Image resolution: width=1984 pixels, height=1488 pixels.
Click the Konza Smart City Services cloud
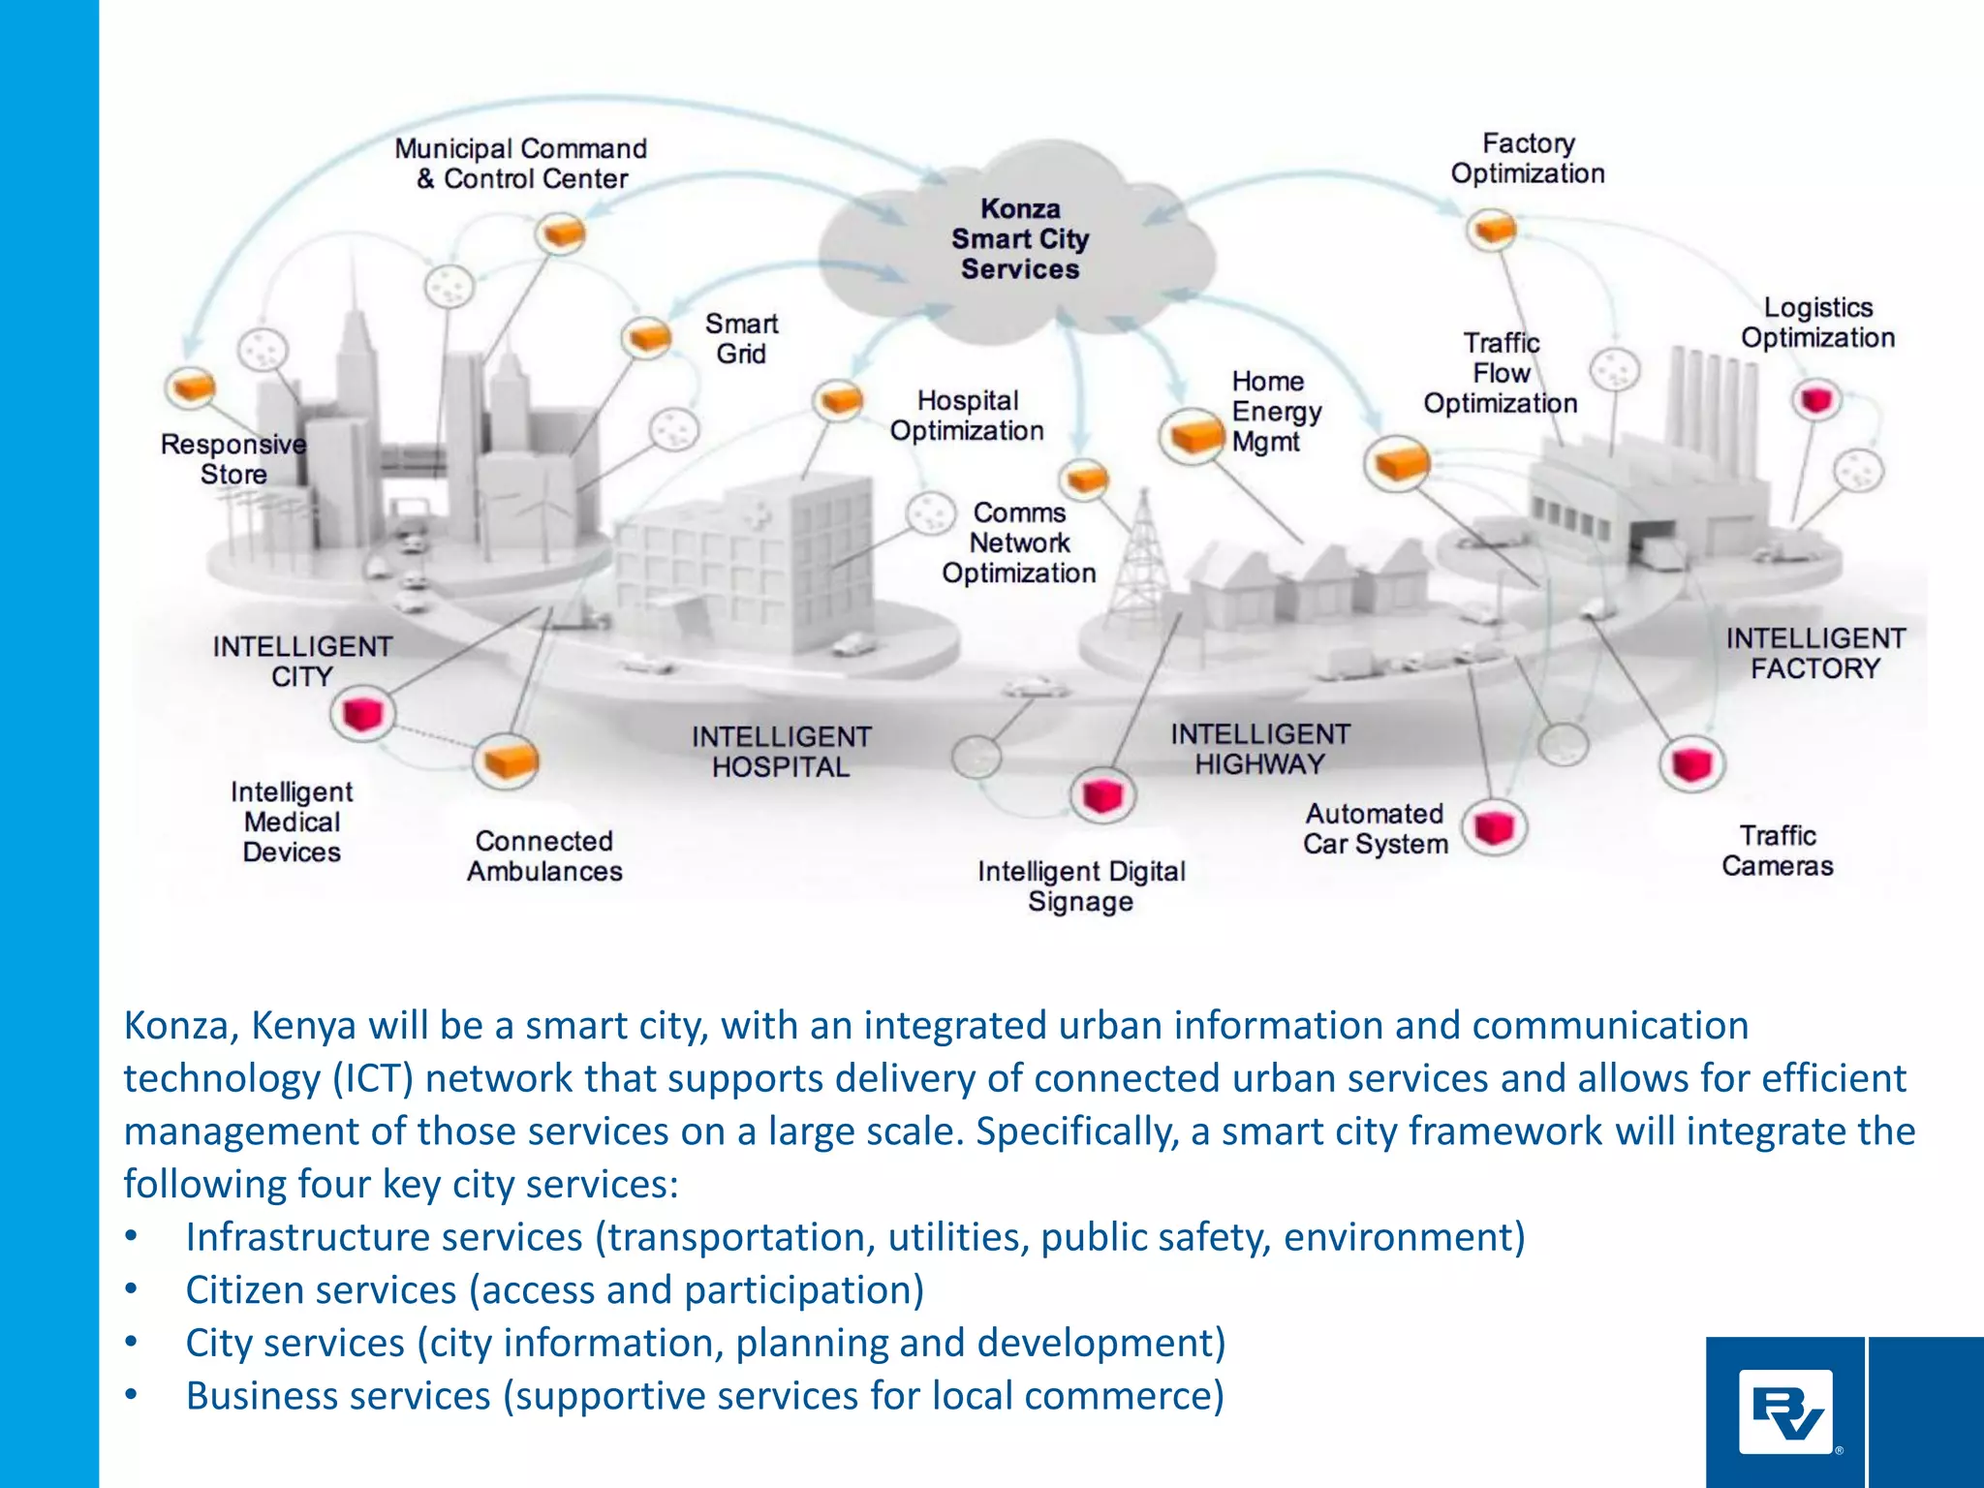pos(1019,239)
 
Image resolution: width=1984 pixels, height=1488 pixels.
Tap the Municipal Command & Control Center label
pos(521,164)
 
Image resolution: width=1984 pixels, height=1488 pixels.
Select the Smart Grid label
pos(741,338)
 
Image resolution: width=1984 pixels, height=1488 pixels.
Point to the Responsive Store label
pos(232,459)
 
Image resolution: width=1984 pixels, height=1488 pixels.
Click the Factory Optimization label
pos(1528,159)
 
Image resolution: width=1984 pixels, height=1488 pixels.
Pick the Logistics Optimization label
pos(1817,323)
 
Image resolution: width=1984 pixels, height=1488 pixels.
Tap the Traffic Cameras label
pos(1777,851)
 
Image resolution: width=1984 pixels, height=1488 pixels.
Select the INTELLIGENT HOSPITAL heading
pos(781,752)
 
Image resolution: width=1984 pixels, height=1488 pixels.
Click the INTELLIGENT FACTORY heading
pos(1815,653)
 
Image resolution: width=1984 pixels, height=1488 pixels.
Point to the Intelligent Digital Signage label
pos(1081,886)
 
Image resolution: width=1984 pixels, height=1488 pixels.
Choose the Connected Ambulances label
pos(544,856)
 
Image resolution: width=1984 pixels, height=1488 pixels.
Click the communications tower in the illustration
pos(1142,552)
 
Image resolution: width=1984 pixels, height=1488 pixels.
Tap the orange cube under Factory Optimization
pos(1491,230)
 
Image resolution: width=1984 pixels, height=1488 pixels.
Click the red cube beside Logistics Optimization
pos(1815,399)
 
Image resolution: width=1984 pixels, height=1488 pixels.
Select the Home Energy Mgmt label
pos(1275,412)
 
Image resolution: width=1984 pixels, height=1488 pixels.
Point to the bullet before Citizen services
pos(132,1290)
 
